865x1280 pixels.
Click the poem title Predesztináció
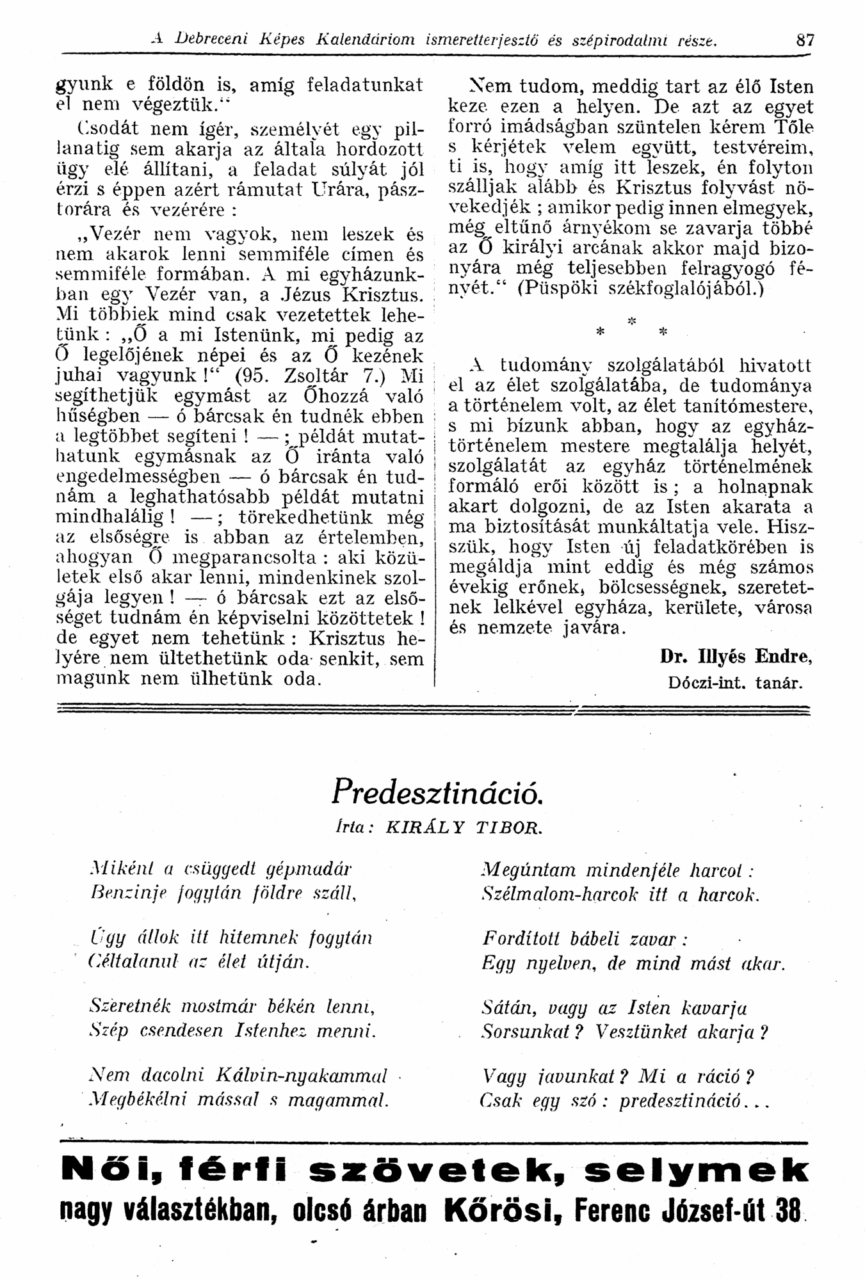click(437, 794)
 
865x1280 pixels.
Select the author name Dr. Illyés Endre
click(736, 657)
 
